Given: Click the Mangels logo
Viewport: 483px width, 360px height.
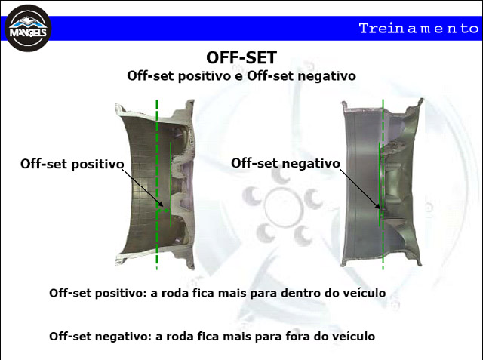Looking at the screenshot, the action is pyautogui.click(x=28, y=29).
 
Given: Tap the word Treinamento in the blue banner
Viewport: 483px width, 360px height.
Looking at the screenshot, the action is pyautogui.click(x=419, y=29).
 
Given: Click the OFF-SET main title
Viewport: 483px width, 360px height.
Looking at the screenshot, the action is pyautogui.click(x=241, y=57).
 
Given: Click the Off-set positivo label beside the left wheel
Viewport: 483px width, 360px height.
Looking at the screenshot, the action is pyautogui.click(x=72, y=164).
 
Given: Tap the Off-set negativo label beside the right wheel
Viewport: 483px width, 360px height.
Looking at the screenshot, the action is pyautogui.click(x=285, y=163).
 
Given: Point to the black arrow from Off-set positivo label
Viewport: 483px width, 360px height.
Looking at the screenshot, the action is pyautogui.click(x=143, y=188).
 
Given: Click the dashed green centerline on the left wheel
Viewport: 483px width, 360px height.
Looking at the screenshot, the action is pyautogui.click(x=157, y=185).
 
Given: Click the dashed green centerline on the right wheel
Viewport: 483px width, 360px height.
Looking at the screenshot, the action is pyautogui.click(x=383, y=185).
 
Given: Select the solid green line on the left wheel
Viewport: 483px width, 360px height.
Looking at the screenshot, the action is pyautogui.click(x=171, y=184).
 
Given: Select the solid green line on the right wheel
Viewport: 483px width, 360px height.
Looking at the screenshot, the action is pyautogui.click(x=379, y=184).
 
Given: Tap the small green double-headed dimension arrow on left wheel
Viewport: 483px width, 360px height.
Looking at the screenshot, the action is pyautogui.click(x=163, y=211).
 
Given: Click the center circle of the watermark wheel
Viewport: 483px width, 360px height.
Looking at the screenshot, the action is pyautogui.click(x=282, y=208).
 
